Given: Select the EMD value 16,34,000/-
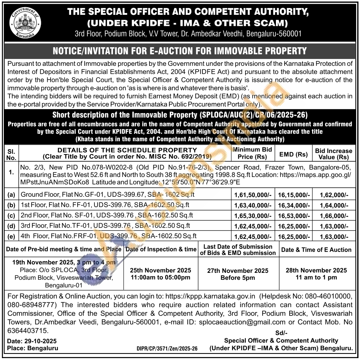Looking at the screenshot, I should pyautogui.click(x=294, y=205).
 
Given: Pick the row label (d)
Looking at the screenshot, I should pyautogui.click(x=11, y=226).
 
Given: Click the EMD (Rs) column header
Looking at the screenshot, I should pyautogui.click(x=293, y=154).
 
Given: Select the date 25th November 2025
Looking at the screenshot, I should pyautogui.click(x=161, y=270).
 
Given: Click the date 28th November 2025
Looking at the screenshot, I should pyautogui.click(x=316, y=270).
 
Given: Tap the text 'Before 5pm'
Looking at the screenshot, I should pyautogui.click(x=237, y=278).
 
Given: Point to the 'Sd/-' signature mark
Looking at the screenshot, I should pyautogui.click(x=281, y=332).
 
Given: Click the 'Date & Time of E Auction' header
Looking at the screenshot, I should pyautogui.click(x=316, y=250).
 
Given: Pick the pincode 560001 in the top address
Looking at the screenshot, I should pyautogui.click(x=289, y=33).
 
